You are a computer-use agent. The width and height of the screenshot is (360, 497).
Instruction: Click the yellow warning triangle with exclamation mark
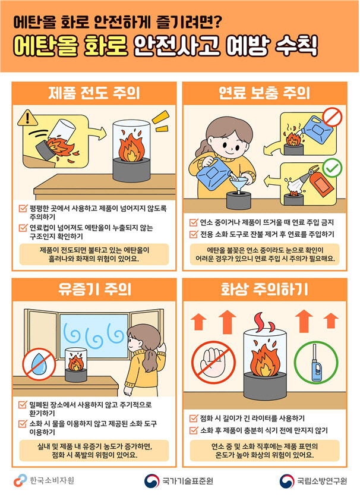27,118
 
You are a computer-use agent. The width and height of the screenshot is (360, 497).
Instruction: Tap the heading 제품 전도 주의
94,93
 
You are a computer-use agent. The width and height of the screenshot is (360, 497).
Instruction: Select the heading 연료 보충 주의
264,93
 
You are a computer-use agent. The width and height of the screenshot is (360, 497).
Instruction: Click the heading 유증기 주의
94,289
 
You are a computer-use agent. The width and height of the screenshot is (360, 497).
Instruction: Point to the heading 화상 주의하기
264,289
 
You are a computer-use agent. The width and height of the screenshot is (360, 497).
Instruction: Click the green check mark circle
332,168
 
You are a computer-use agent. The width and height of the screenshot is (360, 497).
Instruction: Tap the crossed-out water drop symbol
39,364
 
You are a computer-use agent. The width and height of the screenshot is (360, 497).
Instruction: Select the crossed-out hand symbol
213,363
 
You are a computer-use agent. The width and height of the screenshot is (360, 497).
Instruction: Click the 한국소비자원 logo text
52,480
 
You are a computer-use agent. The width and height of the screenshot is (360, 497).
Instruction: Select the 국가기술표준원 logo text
188,481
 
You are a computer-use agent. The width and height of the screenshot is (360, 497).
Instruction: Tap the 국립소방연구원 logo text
322,481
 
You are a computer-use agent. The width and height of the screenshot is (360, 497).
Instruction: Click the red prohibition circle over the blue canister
333,117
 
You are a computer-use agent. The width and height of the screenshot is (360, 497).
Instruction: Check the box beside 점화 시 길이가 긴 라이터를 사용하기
194,419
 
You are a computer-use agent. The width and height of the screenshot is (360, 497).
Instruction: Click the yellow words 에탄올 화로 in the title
71,46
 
